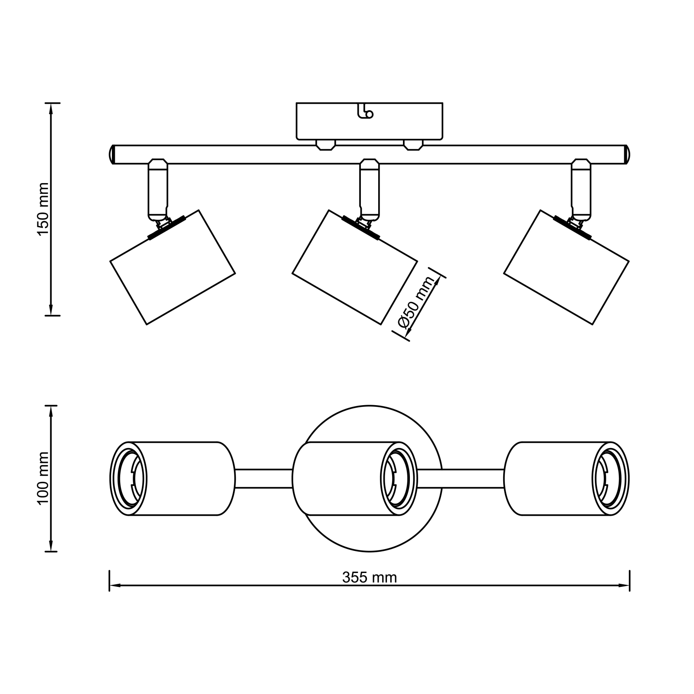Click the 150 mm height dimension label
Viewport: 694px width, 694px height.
(x=43, y=209)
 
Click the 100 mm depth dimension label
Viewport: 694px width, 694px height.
(x=43, y=478)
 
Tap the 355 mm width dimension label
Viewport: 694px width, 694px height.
(x=369, y=577)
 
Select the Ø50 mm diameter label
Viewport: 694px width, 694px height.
(x=416, y=303)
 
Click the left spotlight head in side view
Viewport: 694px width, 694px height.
(x=172, y=267)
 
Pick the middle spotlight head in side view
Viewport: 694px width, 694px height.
(x=354, y=267)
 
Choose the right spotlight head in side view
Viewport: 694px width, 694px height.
(x=566, y=267)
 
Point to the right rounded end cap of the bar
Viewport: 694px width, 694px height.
(x=627, y=154)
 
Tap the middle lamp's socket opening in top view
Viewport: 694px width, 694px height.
(x=396, y=479)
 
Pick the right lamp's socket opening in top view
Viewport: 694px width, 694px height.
(x=609, y=479)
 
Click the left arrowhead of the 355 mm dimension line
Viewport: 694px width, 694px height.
(x=114, y=586)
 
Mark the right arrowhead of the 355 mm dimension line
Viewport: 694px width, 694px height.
(x=625, y=586)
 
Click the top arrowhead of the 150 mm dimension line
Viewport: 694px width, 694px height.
(x=52, y=108)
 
